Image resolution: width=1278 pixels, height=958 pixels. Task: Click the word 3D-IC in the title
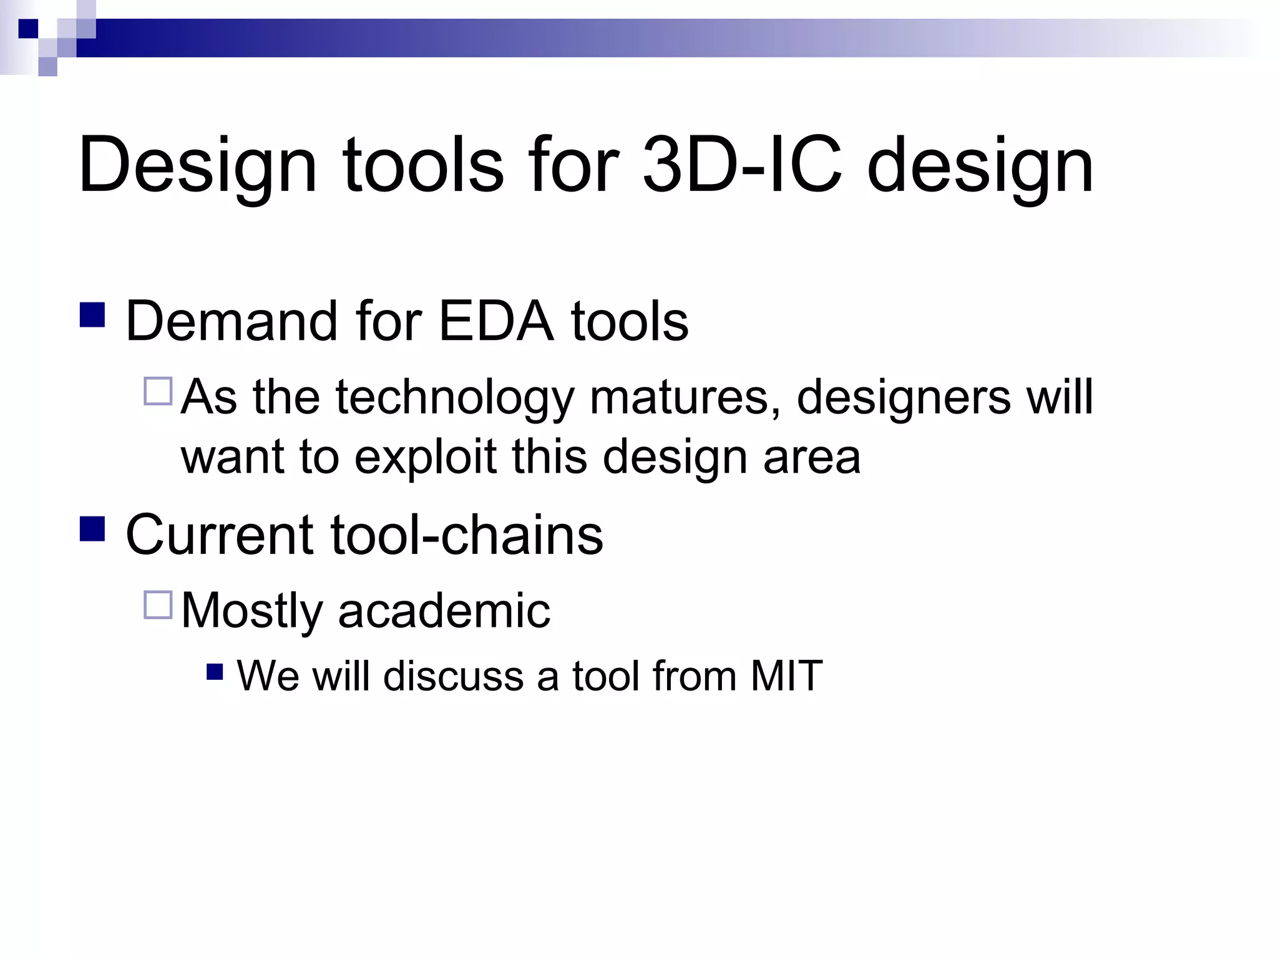[743, 165]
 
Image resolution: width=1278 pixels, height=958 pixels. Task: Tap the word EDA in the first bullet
[496, 322]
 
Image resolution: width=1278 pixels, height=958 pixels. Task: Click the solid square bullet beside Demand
[92, 315]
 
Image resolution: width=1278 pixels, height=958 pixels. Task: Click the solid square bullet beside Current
[92, 528]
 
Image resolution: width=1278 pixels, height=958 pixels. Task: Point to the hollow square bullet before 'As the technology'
[158, 392]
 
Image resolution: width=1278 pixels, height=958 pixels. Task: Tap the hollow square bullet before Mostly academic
[158, 604]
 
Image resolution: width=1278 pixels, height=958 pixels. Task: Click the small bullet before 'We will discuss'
[215, 672]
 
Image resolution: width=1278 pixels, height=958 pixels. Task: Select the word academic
[444, 611]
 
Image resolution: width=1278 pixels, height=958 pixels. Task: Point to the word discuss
[453, 676]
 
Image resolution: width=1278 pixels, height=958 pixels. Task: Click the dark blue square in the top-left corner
[28, 29]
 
